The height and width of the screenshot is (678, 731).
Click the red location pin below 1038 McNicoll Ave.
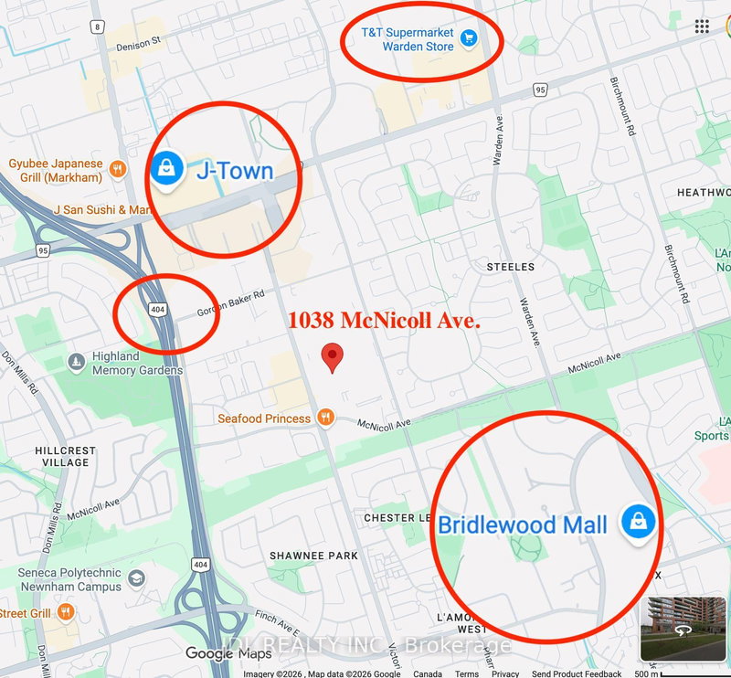coord(334,356)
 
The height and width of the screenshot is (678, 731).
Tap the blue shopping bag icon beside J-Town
coord(167,168)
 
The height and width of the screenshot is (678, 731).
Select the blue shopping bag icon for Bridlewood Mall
coord(636,522)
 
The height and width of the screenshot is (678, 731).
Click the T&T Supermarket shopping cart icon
coord(469,37)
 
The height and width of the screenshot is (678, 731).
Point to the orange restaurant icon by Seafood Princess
coord(324,418)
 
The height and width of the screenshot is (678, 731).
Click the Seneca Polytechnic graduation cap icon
coord(136,578)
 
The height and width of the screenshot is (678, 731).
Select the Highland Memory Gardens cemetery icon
coord(78,363)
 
